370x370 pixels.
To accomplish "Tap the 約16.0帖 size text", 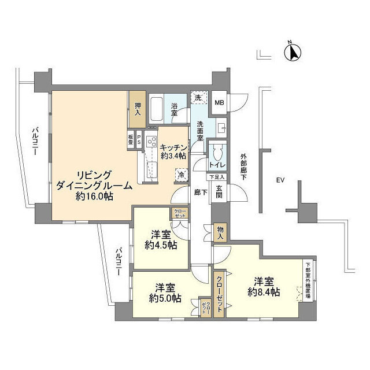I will [x=94, y=197].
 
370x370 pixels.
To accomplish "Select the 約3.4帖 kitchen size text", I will [x=173, y=156].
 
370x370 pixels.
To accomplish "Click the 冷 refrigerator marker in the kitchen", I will [x=182, y=174].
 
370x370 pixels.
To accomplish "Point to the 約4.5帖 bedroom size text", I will [x=160, y=245].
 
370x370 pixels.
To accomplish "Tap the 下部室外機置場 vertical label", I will [x=308, y=282].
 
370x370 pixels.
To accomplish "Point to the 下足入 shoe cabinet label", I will [x=217, y=177].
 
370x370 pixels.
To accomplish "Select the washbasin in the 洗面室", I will [x=222, y=128].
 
